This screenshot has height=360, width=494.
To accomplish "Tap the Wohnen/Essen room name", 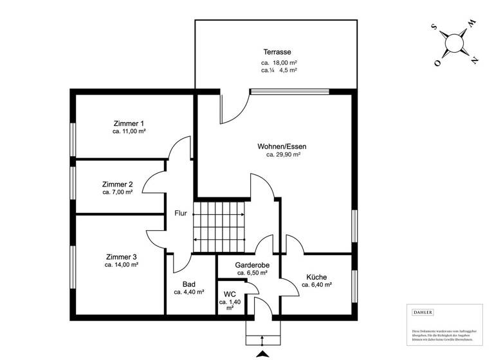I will tap(284, 146).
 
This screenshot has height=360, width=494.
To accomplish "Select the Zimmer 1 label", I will tap(129, 123).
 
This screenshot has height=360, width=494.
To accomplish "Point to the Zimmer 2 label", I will tap(118, 184).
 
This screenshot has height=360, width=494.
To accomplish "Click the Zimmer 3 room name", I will tap(122, 256).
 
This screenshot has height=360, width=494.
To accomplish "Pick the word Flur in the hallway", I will tap(181, 213).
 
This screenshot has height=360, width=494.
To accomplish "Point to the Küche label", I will tap(316, 276).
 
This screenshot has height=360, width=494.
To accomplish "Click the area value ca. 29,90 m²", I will tap(284, 155).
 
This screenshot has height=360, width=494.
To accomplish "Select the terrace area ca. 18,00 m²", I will tap(279, 62).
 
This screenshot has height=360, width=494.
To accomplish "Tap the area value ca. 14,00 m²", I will tap(122, 265).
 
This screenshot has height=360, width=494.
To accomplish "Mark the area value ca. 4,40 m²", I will tap(189, 291).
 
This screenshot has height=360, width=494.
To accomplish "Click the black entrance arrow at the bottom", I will tap(262, 354).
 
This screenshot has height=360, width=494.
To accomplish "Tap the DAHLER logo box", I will tap(423, 313).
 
